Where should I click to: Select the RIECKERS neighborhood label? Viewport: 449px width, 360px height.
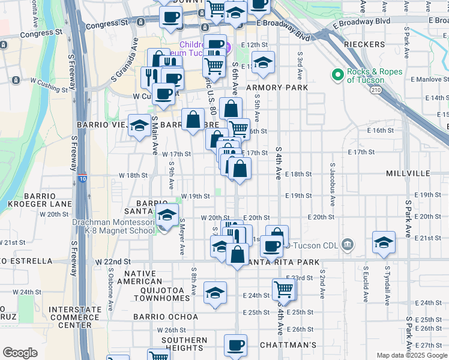point(364,45)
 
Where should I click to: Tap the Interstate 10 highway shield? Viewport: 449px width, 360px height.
point(82,178)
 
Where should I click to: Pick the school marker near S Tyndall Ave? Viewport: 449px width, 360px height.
point(383,242)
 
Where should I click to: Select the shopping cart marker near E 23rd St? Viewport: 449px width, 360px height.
point(283,290)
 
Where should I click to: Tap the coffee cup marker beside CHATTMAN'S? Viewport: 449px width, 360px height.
point(235,345)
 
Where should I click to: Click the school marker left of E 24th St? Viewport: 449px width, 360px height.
point(215,293)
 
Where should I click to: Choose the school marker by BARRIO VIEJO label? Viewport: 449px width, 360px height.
point(139,125)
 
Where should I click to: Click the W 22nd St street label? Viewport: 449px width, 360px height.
point(112,262)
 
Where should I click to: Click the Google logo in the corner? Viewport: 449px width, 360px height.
point(20,353)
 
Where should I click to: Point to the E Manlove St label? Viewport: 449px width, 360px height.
point(430,79)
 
